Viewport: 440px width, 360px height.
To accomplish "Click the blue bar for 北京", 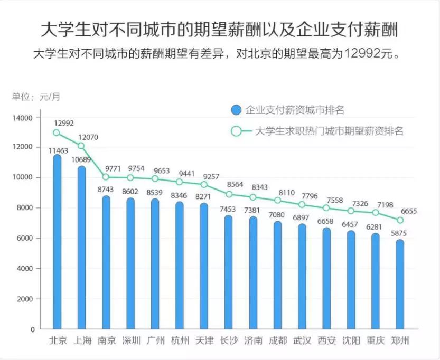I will (x=57, y=243).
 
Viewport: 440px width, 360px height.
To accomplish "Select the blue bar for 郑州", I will (x=400, y=285).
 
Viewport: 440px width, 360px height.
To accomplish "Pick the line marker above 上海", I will (x=81, y=146).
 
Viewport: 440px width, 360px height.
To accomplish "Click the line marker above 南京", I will (x=106, y=177).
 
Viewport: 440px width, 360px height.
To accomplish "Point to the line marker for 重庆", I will (x=376, y=212).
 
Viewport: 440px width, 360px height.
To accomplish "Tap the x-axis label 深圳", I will (x=130, y=340).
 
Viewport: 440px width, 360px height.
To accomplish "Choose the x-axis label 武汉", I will (x=302, y=340).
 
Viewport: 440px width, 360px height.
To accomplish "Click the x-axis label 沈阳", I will (x=351, y=340).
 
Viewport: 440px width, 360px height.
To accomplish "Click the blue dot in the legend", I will (x=236, y=110).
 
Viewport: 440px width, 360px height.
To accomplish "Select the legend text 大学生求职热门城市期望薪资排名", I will (x=329, y=131).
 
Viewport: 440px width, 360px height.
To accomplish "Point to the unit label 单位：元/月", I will (x=36, y=96).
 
